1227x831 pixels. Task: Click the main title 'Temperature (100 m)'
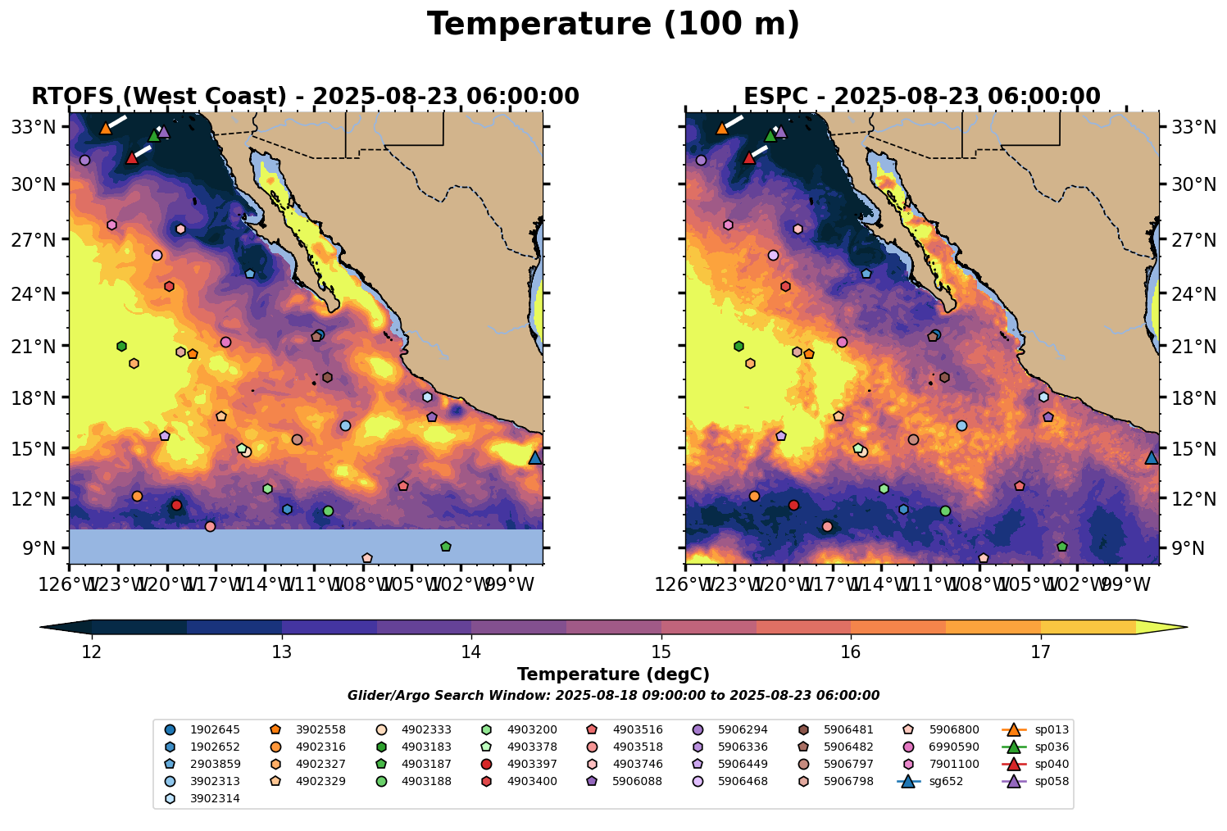click(613, 25)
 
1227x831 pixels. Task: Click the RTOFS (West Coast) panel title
click(305, 97)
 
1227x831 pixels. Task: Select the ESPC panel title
click(921, 97)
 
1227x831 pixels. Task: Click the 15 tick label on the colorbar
click(661, 652)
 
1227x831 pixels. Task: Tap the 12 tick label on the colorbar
click(92, 652)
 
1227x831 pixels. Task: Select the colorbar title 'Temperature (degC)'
click(613, 674)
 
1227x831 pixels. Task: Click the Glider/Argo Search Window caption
click(613, 696)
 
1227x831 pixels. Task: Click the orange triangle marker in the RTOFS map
click(105, 128)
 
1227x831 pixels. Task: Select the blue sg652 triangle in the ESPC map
click(1151, 458)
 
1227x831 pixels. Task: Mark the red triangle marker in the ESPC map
click(748, 157)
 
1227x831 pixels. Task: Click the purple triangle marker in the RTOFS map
click(163, 131)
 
